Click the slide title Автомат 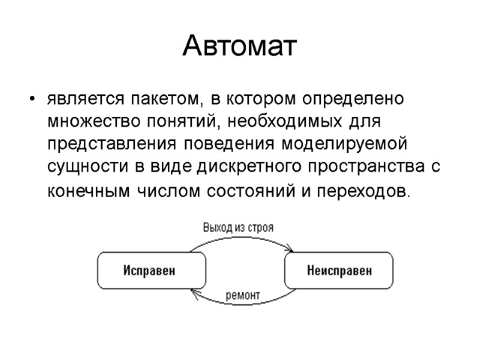pos(239,47)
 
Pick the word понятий pos(185,122)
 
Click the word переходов pos(362,192)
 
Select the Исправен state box pos(150,270)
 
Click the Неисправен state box pos(340,270)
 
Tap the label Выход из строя pos(238,227)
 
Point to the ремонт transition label pos(243,295)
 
